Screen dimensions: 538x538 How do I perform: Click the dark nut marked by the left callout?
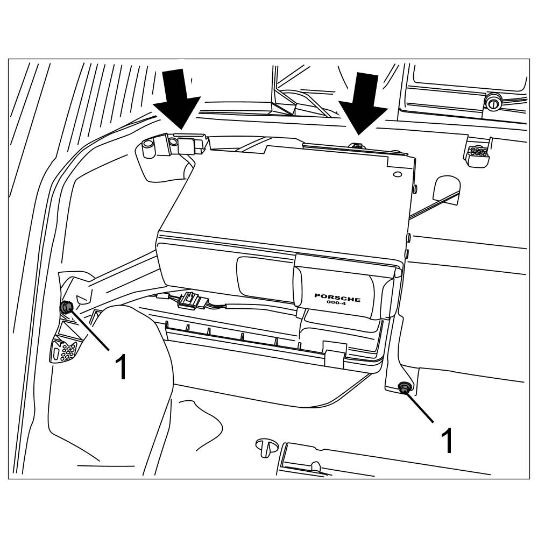click(x=66, y=307)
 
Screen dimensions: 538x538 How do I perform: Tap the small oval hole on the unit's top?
click(x=397, y=175)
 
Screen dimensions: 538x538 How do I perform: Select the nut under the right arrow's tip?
click(x=356, y=145)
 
